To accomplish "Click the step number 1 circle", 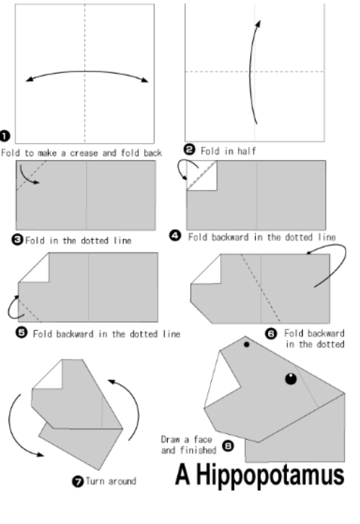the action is click(5, 136).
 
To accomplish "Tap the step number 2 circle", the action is click(189, 149).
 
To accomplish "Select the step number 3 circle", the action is click(17, 240).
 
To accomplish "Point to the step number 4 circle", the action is click(175, 235).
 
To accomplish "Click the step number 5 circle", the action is click(22, 332).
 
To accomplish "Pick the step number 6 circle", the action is click(271, 334).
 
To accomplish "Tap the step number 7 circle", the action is click(78, 482).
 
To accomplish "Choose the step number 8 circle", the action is click(228, 446).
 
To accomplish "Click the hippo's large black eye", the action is click(291, 378).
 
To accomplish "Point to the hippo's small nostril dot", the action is click(247, 345).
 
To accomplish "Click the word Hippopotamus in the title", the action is click(270, 475).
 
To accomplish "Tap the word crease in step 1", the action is click(83, 153).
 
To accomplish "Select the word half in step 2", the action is click(247, 151).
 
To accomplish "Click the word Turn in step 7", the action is click(95, 481).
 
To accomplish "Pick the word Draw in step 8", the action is click(170, 439).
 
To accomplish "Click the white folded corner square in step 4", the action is click(202, 175).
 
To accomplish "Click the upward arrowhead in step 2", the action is click(258, 24).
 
